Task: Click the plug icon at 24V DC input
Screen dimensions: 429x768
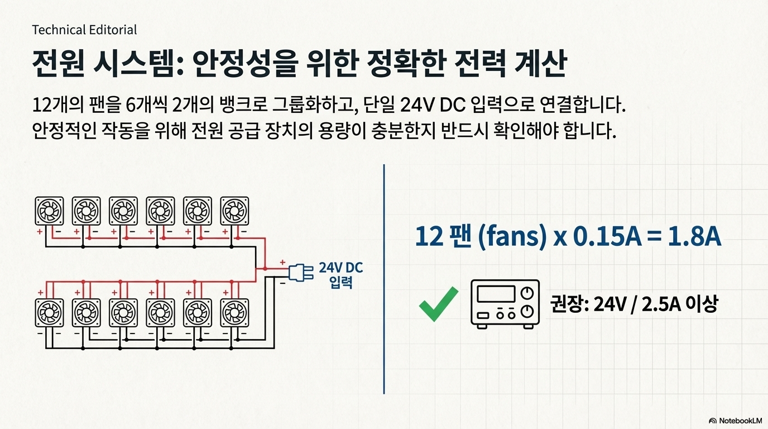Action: [298, 272]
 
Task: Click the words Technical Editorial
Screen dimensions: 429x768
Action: [84, 30]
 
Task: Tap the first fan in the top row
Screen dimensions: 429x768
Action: [49, 211]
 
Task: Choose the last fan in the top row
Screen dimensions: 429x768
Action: [234, 211]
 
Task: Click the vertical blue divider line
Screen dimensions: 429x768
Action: [385, 279]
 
